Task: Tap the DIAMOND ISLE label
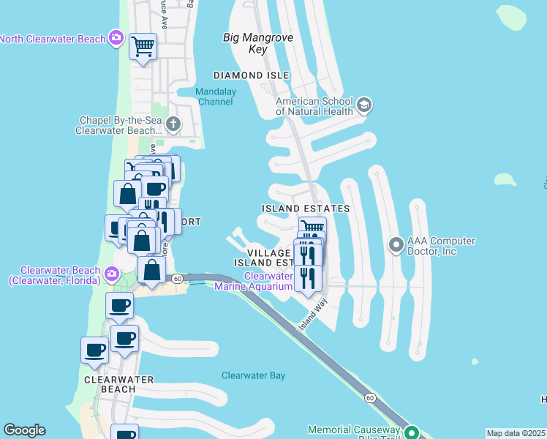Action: click(x=251, y=75)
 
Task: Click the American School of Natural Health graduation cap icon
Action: click(x=364, y=106)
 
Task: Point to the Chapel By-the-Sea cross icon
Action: click(x=173, y=124)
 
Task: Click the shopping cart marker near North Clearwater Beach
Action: click(x=143, y=48)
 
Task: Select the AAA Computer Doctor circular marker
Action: click(x=396, y=244)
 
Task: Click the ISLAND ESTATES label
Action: click(x=306, y=209)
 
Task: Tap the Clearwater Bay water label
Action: click(x=253, y=375)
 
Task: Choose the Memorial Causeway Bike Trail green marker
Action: click(x=412, y=432)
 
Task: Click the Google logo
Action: click(x=24, y=430)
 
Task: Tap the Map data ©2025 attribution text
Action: click(x=516, y=433)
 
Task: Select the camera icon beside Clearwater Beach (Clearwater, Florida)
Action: click(x=111, y=274)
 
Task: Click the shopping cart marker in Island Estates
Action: click(x=312, y=228)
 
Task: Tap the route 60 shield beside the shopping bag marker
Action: click(x=177, y=279)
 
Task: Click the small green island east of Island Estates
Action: click(x=505, y=179)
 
